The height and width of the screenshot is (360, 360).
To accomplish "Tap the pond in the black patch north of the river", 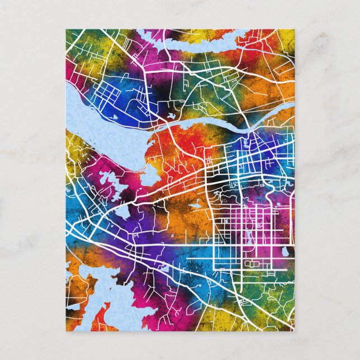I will pos(171,116).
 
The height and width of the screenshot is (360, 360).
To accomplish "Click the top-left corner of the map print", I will pos(66,30).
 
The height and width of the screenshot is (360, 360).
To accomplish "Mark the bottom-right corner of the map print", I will pos(294,330).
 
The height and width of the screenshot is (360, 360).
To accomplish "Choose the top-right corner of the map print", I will pos(294,30).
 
